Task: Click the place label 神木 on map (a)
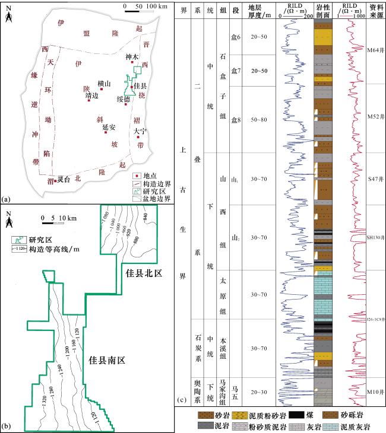(132, 58)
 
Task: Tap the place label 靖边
(91, 95)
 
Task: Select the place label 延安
(109, 126)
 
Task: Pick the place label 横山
(103, 84)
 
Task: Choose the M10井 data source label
(375, 392)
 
